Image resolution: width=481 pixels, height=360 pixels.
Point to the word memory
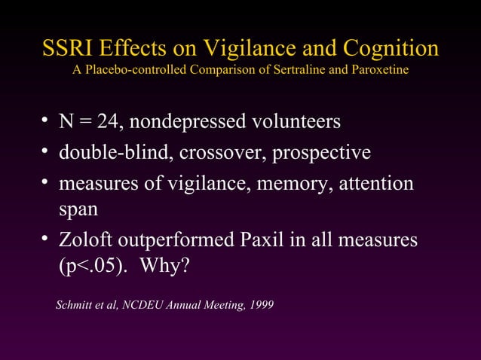[286, 184]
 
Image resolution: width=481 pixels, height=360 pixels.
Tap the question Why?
[165, 267]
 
